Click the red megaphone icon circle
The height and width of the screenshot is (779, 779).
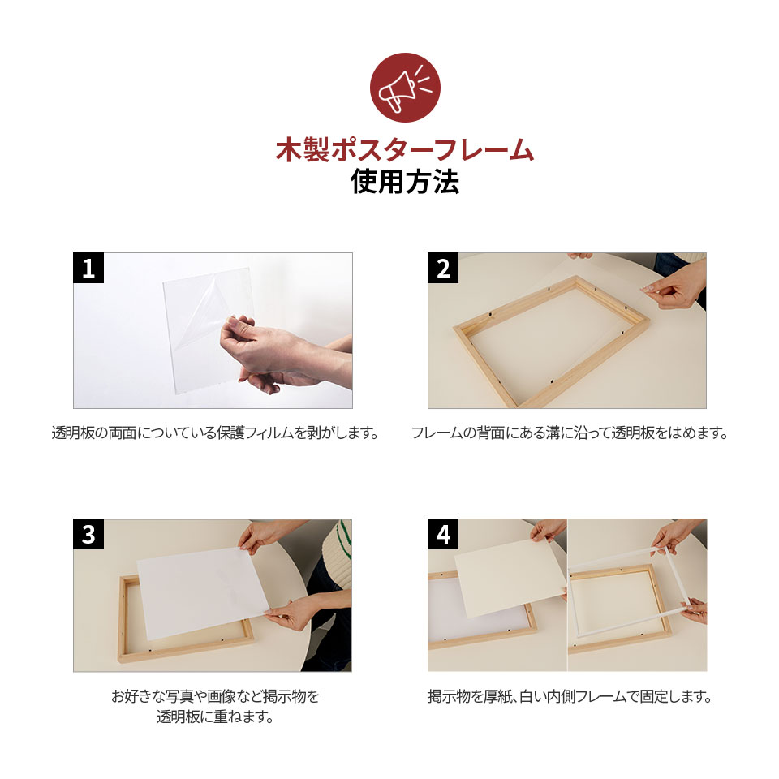click(405, 88)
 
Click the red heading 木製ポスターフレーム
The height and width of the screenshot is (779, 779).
click(405, 149)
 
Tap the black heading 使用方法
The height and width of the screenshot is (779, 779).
click(405, 181)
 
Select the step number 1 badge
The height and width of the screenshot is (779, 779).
click(88, 268)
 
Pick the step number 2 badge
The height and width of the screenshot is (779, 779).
click(443, 268)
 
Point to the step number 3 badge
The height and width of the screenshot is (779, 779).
click(88, 534)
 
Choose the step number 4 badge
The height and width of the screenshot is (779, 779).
click(443, 534)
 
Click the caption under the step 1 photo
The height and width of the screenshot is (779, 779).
click(215, 433)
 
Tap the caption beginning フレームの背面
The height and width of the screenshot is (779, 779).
click(570, 433)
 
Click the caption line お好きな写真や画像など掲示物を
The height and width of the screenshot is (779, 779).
click(215, 696)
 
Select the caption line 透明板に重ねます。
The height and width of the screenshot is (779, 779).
click(215, 717)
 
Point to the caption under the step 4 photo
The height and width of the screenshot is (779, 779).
click(570, 696)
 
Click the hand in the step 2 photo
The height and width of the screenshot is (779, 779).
click(674, 288)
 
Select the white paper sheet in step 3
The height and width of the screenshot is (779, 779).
click(203, 594)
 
